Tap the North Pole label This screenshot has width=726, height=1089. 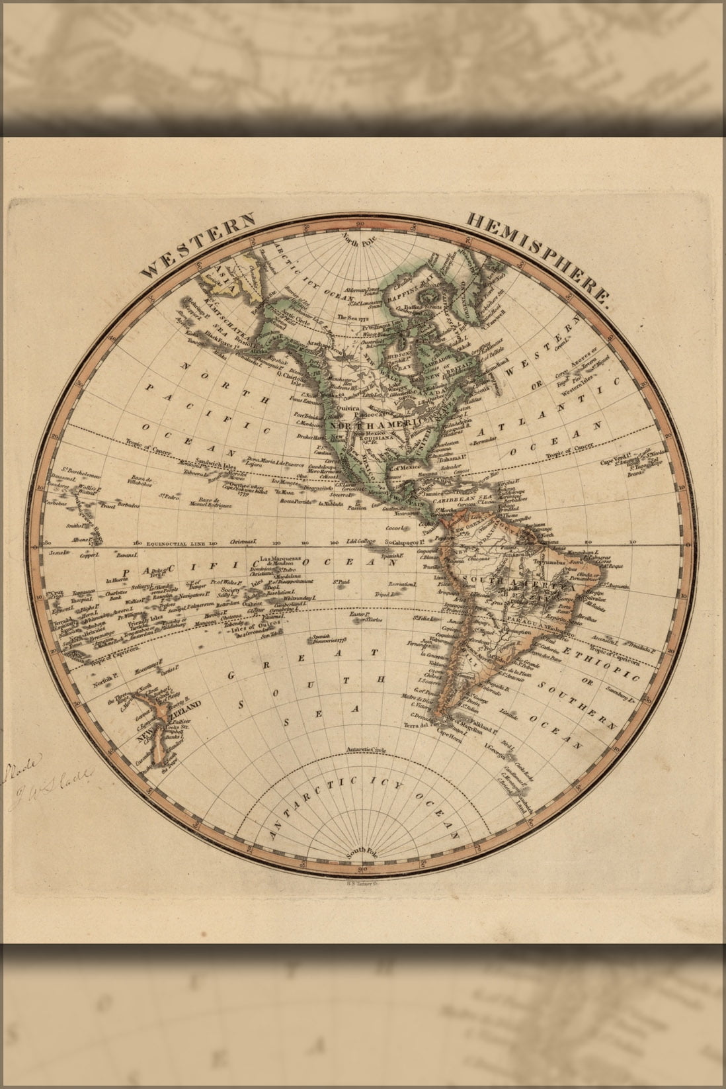pos(358,241)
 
